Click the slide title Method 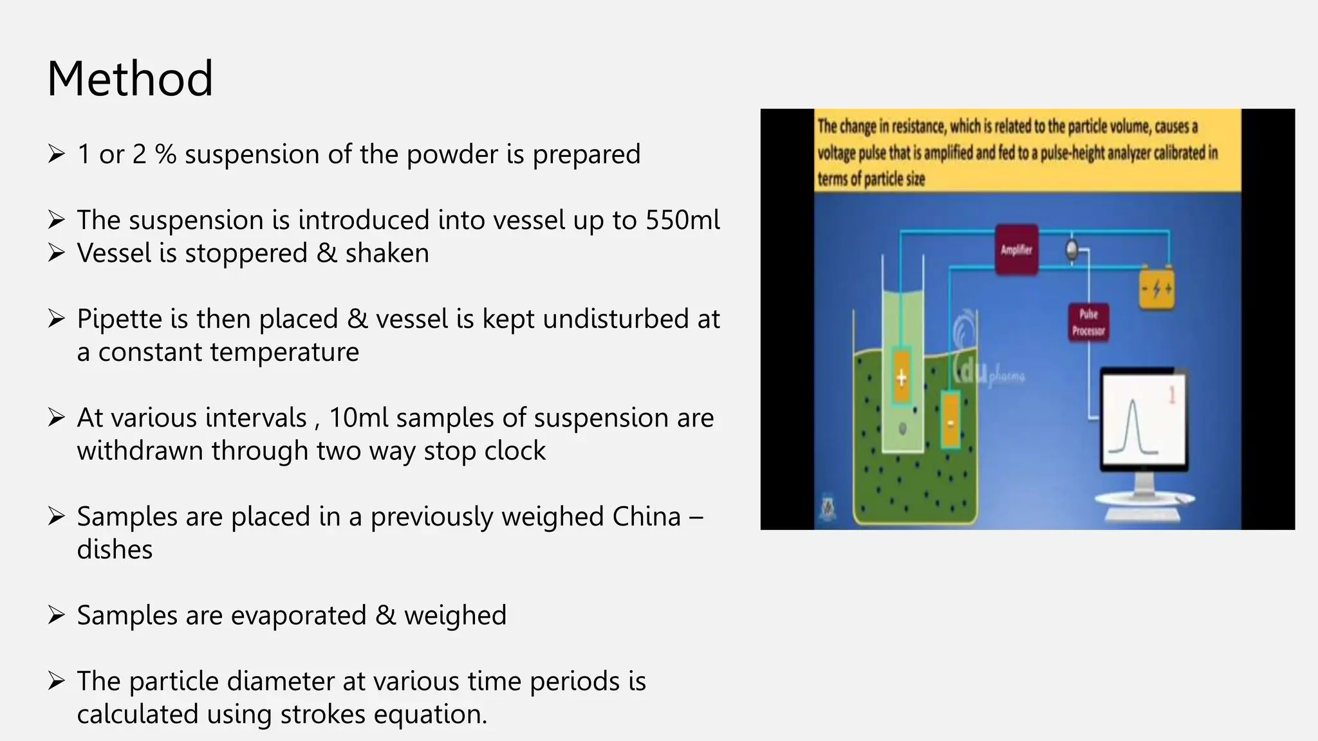click(130, 78)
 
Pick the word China click(646, 517)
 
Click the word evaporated click(298, 616)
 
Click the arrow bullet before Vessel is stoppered click(57, 253)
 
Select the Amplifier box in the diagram click(1016, 250)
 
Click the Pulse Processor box click(1088, 322)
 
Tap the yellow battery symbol click(1156, 288)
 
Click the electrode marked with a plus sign click(902, 377)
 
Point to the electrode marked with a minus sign click(951, 421)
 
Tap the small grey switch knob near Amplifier click(1072, 249)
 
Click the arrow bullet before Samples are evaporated click(57, 616)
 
